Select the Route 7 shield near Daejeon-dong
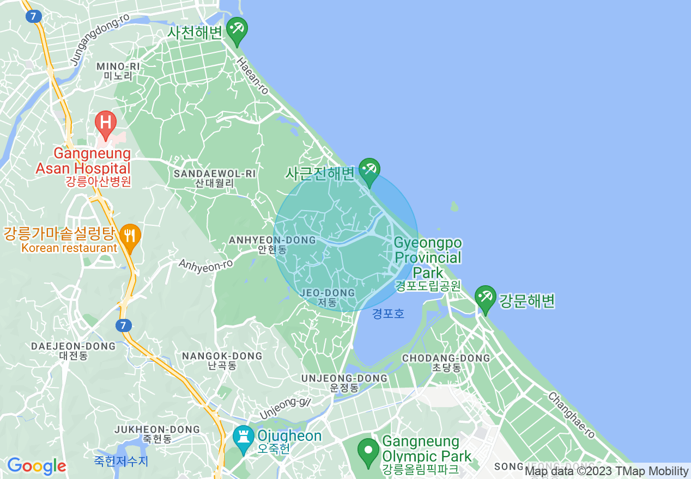[x=124, y=326]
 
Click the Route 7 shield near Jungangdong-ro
[x=34, y=16]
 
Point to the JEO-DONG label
[x=328, y=293]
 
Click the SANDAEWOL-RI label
[x=214, y=174]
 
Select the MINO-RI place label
[x=118, y=67]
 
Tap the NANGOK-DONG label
[x=222, y=356]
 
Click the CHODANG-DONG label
[x=446, y=358]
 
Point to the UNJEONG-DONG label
[x=344, y=378]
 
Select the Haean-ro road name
[x=253, y=76]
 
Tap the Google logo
[x=37, y=466]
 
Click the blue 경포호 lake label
[x=389, y=314]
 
